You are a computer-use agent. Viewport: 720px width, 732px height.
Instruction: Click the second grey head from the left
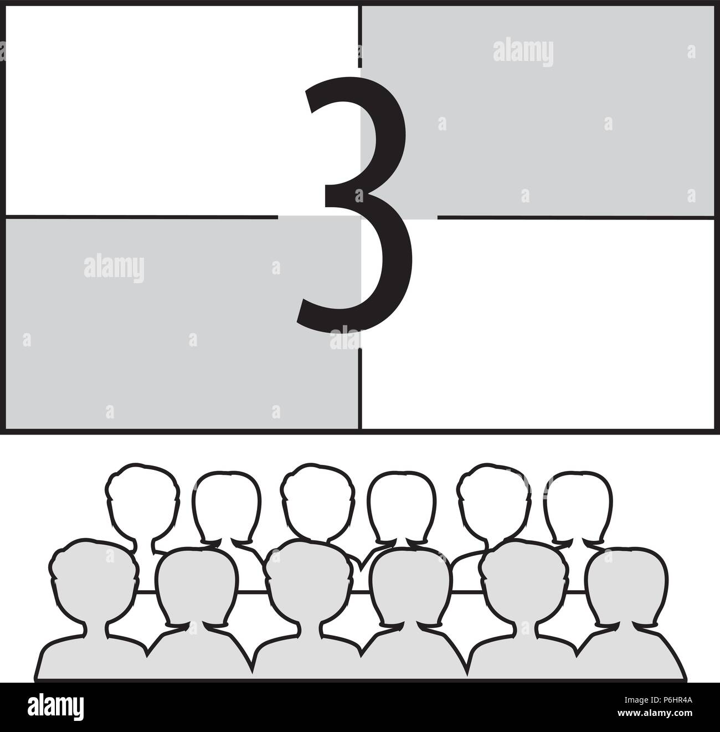pos(197,587)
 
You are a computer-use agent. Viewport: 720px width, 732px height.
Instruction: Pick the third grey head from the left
pos(305,582)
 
